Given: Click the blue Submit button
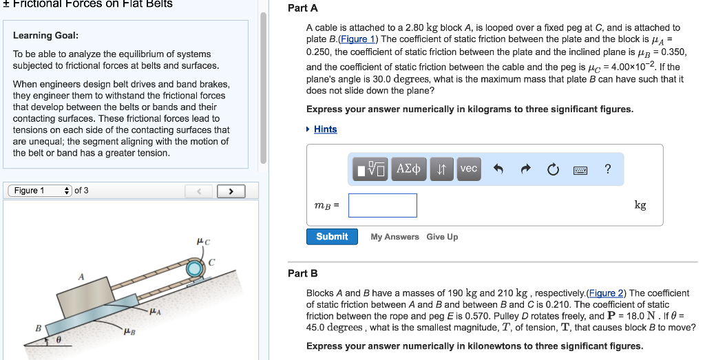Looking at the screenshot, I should tap(332, 237).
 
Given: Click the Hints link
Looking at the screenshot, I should tap(325, 129).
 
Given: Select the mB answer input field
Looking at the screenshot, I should tap(382, 205).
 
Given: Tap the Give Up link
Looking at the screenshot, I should tap(442, 237).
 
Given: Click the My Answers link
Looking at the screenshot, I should tap(394, 237).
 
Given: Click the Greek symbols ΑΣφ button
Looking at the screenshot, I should tap(409, 169).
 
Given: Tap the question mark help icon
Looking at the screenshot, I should tap(607, 169).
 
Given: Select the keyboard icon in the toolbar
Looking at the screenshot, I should tap(580, 169).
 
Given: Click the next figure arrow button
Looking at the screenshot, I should tap(231, 191).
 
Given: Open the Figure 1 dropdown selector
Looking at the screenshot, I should tap(39, 191).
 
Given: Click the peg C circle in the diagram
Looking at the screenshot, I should tap(195, 267).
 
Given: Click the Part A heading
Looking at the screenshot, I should tap(302, 8).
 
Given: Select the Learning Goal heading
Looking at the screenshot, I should tap(45, 35).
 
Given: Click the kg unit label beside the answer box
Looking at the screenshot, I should tap(640, 205).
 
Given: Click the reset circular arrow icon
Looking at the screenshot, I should tap(553, 169).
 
